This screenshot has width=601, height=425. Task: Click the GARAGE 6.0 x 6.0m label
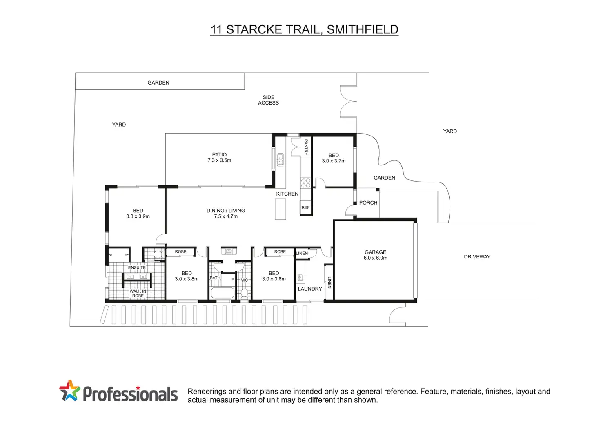tap(375, 255)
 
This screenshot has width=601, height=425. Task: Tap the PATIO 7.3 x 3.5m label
tap(219, 157)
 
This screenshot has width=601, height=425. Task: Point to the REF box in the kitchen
tap(305, 207)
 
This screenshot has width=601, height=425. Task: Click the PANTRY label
tap(305, 147)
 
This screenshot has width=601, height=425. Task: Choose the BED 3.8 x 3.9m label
tap(138, 213)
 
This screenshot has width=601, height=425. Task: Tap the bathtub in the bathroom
tap(223, 293)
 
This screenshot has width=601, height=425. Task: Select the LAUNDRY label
tap(309, 289)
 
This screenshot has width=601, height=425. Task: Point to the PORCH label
tap(368, 203)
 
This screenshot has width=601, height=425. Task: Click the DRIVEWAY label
tap(477, 257)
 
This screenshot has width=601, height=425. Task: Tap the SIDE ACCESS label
tap(268, 100)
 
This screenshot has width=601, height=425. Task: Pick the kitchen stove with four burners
tap(305, 183)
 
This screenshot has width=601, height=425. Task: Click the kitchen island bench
tap(280, 209)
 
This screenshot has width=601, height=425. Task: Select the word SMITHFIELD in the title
tap(363, 29)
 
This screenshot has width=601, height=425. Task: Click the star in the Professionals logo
tap(69, 390)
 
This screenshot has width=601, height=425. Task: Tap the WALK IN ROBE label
tap(138, 294)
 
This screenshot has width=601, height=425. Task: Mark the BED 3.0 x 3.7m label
tap(334, 158)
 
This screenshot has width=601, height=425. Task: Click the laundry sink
tap(301, 278)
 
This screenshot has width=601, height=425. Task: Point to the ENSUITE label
tap(137, 268)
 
